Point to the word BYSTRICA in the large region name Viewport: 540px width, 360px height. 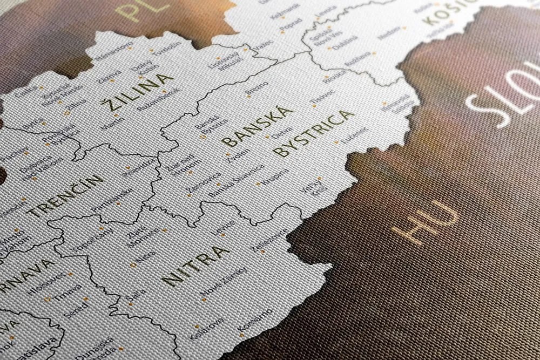[x=314, y=133]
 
